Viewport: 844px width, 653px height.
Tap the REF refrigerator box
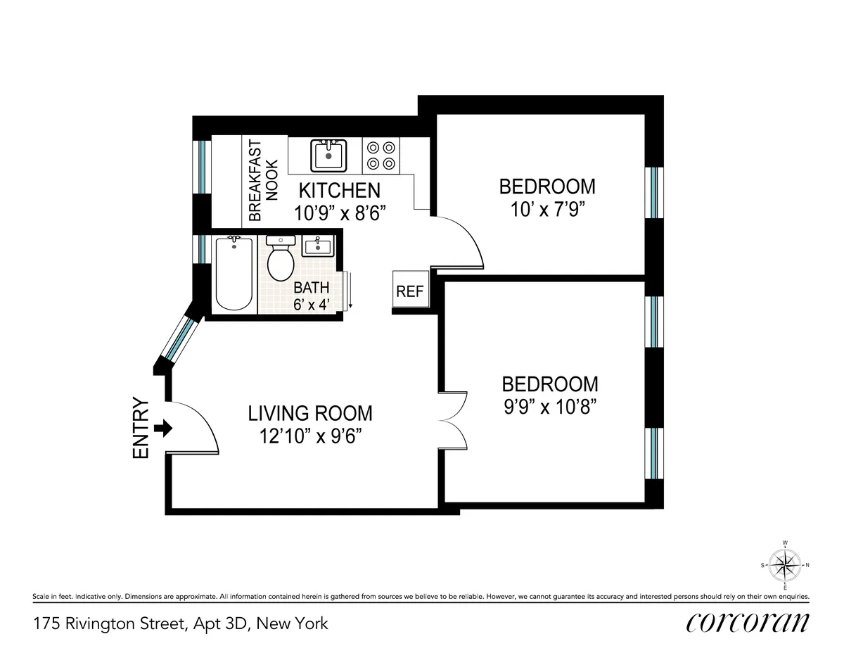coord(409,291)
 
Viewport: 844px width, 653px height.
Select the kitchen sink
coord(328,155)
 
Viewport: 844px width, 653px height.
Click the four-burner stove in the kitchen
coord(381,156)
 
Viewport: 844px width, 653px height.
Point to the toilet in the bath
coord(281,260)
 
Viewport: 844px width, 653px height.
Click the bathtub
coord(234,274)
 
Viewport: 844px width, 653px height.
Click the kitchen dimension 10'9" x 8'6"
coord(340,212)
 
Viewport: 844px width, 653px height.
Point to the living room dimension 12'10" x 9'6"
coord(310,436)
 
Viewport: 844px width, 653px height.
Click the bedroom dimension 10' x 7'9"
coord(547,209)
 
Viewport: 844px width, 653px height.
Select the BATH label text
coord(311,288)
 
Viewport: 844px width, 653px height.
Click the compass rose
coord(784,564)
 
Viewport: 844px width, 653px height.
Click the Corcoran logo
coord(747,622)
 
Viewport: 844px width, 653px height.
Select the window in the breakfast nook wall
coord(203,166)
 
